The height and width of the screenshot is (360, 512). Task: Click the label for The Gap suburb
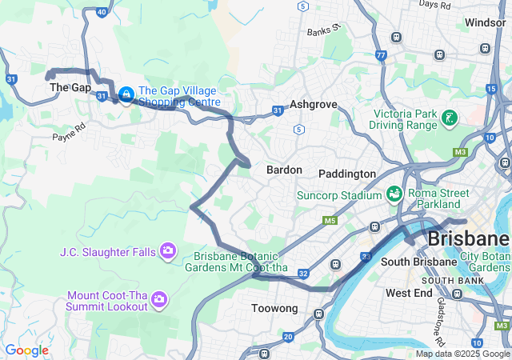coord(70,87)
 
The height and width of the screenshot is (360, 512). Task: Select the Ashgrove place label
coord(313,105)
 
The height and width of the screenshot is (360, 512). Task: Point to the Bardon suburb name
coord(284,170)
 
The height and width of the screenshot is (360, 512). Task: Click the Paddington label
coord(346,174)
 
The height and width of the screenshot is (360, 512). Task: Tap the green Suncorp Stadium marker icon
coord(394,194)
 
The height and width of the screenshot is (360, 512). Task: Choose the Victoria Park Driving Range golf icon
coord(450,119)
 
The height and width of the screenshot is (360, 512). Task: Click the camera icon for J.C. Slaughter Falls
coord(167,252)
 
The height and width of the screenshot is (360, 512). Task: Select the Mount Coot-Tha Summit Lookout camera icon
coord(159,299)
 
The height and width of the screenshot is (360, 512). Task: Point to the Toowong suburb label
coord(274,308)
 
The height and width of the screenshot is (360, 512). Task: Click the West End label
coord(409,294)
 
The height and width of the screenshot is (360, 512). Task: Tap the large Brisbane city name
coord(468,238)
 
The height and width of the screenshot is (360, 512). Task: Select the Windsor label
coord(485,22)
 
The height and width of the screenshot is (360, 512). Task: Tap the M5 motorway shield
coord(330,220)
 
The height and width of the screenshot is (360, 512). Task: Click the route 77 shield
coord(380,56)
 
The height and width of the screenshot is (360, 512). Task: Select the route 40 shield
coord(101,12)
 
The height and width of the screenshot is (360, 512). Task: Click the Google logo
coord(26,350)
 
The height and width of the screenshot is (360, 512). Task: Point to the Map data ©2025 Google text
coord(462,354)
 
